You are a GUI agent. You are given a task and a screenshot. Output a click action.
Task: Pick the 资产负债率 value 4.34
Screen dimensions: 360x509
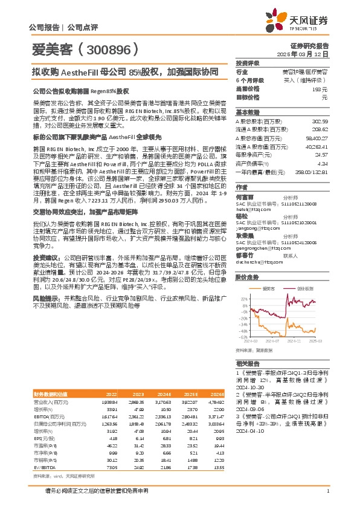point(323,163)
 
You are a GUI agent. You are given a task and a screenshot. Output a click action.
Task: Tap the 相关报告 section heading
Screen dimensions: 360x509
point(247,363)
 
